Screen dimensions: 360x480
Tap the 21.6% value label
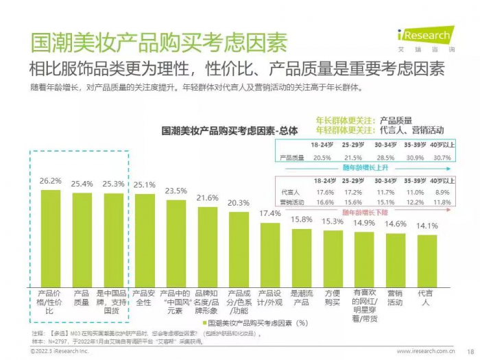208,197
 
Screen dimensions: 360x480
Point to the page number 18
470,351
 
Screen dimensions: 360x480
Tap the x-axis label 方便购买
333,296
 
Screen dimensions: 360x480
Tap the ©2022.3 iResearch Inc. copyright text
60,351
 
